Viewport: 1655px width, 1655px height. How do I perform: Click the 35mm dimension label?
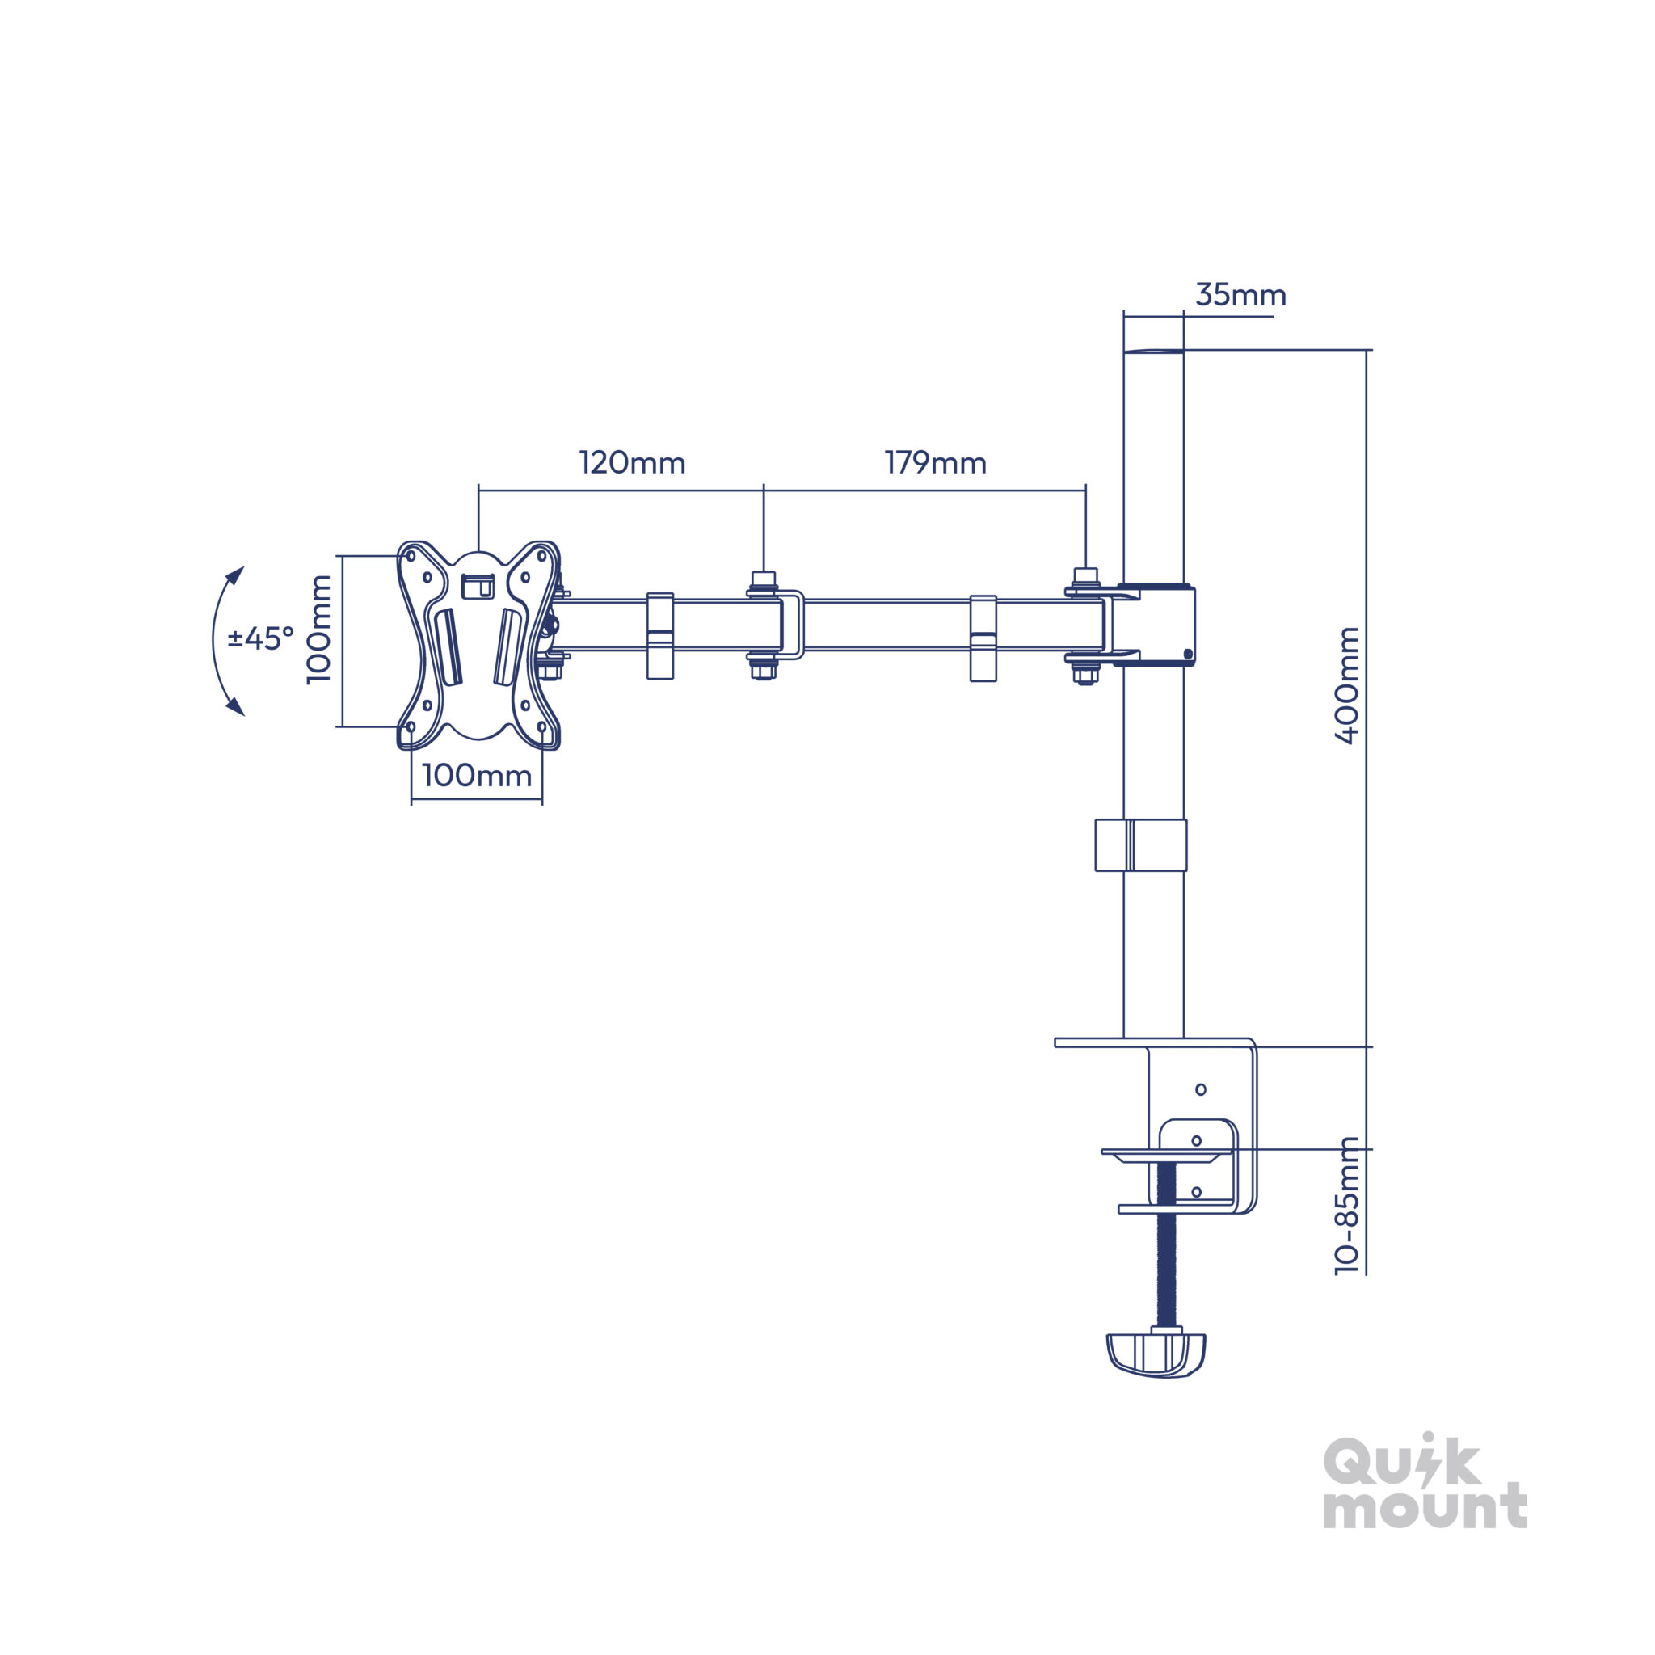(1240, 295)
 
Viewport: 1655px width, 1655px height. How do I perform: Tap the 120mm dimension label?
(632, 462)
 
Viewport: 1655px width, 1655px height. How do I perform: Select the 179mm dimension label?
(936, 462)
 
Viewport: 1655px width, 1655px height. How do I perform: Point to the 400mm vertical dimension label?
(1347, 685)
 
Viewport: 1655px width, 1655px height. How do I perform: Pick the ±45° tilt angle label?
(261, 638)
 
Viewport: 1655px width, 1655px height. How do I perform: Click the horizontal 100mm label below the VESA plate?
(477, 775)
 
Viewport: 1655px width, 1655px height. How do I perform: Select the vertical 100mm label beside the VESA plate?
(318, 630)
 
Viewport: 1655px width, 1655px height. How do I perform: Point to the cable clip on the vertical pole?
(1140, 845)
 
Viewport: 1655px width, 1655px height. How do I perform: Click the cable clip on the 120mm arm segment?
(659, 636)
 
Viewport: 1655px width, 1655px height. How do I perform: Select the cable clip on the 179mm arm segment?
(983, 638)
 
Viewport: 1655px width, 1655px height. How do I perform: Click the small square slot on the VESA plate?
(478, 587)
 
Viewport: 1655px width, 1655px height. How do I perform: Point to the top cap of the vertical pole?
(1153, 352)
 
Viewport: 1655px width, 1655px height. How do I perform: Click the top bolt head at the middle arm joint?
(763, 579)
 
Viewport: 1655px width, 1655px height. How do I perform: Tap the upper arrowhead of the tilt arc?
(237, 574)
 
